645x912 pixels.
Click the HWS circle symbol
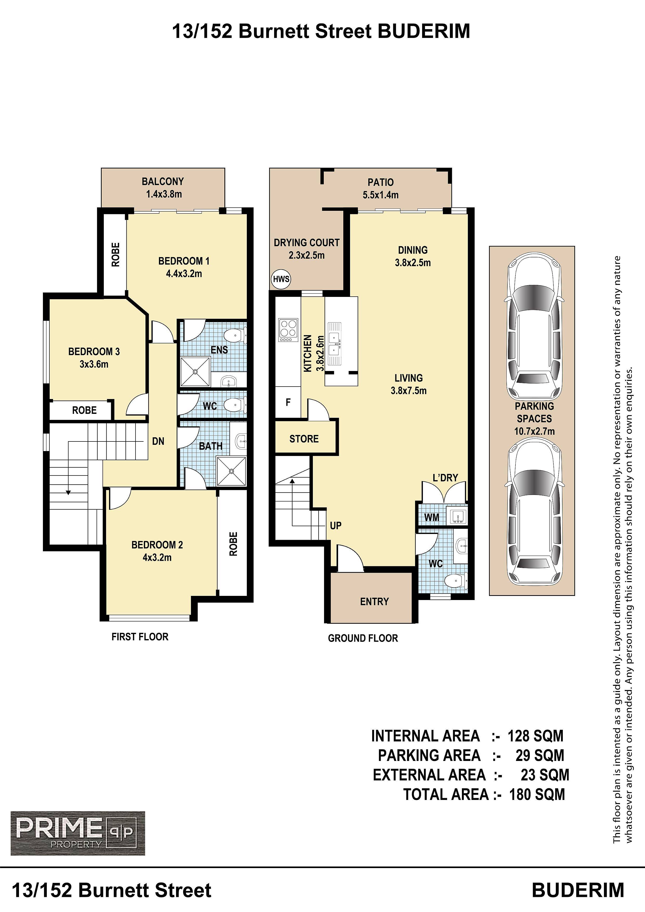[281, 279]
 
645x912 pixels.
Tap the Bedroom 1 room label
[184, 261]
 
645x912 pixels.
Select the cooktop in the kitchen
[288, 330]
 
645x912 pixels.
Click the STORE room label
[304, 439]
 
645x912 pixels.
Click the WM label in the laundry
[431, 517]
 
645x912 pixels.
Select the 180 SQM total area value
[537, 794]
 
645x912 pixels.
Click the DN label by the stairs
[158, 441]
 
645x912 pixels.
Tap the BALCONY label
[163, 181]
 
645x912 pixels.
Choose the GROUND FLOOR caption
[363, 638]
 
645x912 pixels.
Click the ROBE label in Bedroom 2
[233, 544]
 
